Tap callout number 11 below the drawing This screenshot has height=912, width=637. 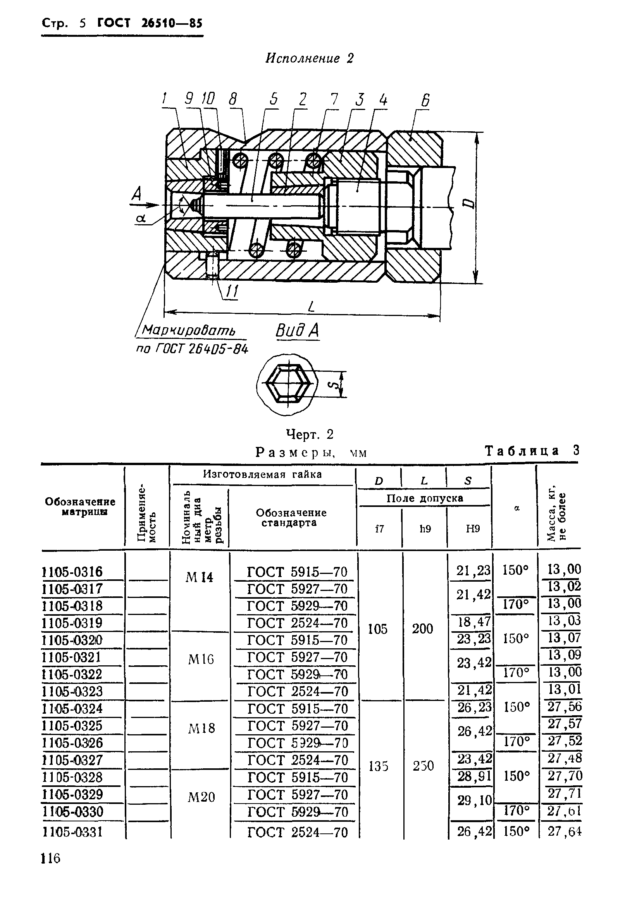pyautogui.click(x=231, y=292)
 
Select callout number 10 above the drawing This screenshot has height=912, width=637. pyautogui.click(x=208, y=98)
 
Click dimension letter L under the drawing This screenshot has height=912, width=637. pyautogui.click(x=311, y=306)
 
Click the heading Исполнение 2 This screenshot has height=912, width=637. pyautogui.click(x=309, y=59)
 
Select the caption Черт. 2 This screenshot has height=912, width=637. pyautogui.click(x=310, y=435)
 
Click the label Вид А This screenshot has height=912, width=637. pyautogui.click(x=297, y=330)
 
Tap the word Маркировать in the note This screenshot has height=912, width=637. pyautogui.click(x=189, y=330)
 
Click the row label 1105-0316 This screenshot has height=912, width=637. pyautogui.click(x=72, y=572)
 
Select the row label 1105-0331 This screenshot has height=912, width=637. pyautogui.click(x=72, y=832)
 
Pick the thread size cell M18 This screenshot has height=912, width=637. pyautogui.click(x=201, y=728)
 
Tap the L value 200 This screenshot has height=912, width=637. pyautogui.click(x=422, y=629)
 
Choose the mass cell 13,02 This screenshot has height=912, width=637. pyautogui.click(x=564, y=586)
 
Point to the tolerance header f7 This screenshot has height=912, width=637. pyautogui.click(x=379, y=529)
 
